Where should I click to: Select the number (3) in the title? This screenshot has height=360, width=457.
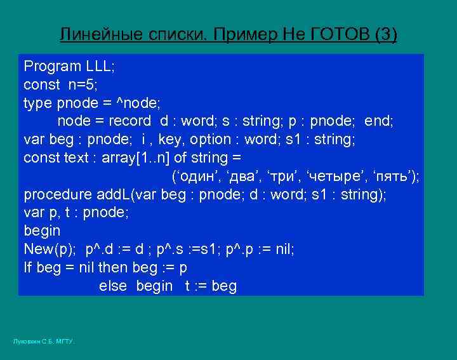(x=386, y=34)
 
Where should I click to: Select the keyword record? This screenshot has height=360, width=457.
(x=129, y=121)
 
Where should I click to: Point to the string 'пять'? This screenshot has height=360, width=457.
(x=392, y=176)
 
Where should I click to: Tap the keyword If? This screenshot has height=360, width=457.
(x=28, y=267)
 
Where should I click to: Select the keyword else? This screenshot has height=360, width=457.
(x=113, y=286)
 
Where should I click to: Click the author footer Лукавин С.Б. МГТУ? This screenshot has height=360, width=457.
(x=44, y=342)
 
